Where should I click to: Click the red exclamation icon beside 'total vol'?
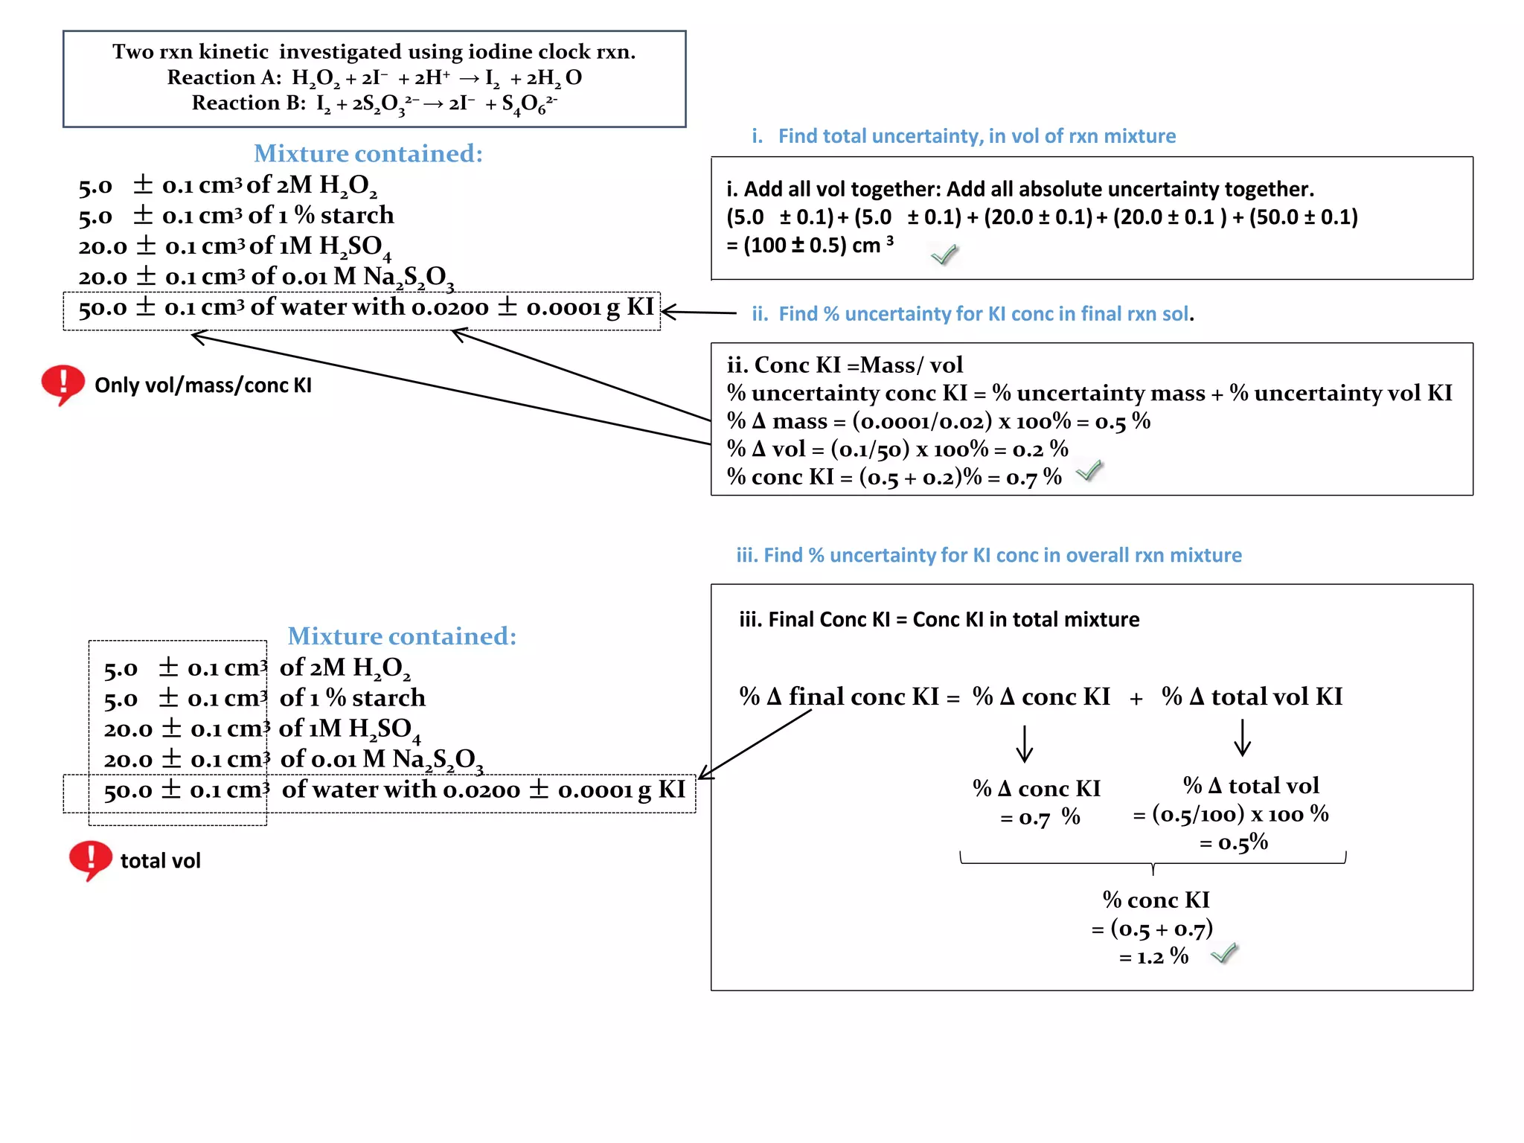point(89,859)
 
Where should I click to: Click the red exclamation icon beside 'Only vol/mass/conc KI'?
point(63,383)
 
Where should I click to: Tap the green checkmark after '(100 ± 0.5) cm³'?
point(944,254)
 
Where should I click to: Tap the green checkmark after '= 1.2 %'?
point(1223,953)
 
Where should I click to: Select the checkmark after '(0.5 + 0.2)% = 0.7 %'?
point(1089,470)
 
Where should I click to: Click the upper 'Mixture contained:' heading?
point(368,153)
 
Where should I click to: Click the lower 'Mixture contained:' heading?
point(402,636)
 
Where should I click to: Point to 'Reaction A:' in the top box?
point(224,77)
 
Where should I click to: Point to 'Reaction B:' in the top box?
point(249,103)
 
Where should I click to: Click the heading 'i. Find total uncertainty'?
point(964,136)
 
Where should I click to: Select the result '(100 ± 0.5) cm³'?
point(811,246)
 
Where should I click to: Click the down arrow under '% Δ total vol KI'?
point(1242,737)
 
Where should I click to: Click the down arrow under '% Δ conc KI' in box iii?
point(1025,743)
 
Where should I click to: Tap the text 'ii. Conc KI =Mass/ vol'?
point(845,365)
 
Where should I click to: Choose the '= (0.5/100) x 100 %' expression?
point(1230,814)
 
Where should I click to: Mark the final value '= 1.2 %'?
point(1153,956)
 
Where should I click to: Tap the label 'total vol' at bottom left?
point(160,861)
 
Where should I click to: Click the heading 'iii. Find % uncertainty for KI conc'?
point(988,555)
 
